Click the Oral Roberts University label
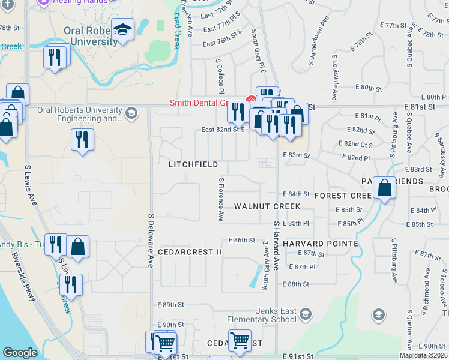tap(91, 36)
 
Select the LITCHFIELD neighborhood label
tap(193, 164)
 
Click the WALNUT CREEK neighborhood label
tap(267, 206)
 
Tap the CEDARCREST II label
tap(190, 252)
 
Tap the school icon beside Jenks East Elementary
tap(306, 314)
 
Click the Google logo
tap(19, 352)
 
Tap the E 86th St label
tap(242, 240)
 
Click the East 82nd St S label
tap(223, 130)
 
